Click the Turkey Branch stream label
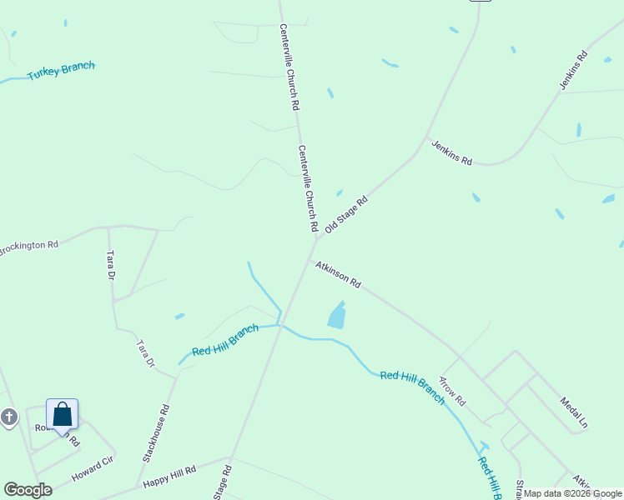point(61,71)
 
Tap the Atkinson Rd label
point(338,275)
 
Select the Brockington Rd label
point(28,247)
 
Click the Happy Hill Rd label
point(169,477)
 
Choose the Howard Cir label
point(92,469)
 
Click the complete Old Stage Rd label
point(346,214)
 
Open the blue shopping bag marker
point(63,414)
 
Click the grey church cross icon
point(9,417)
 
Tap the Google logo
point(28,490)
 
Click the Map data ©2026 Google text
point(573,493)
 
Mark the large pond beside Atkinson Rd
point(337,315)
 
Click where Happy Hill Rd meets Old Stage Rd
point(231,457)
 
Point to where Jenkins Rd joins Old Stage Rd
point(426,138)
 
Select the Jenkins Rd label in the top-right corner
point(574,70)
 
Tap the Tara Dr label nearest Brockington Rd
point(109,265)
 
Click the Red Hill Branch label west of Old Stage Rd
point(225,340)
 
